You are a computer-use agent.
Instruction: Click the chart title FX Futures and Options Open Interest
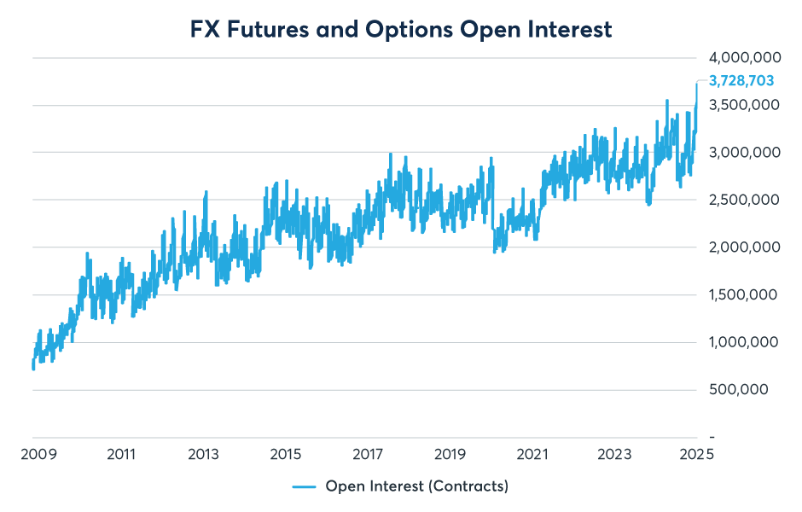coord(401,29)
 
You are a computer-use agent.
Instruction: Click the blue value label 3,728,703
coord(741,81)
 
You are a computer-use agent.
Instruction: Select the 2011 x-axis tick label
coord(122,453)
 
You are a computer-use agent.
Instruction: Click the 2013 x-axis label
coord(204,453)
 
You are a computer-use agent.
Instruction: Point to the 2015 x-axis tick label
coord(286,453)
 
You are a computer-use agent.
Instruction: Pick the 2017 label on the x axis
coord(368,453)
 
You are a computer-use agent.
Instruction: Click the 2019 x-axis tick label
coord(450,453)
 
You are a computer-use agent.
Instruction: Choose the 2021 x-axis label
coord(532,453)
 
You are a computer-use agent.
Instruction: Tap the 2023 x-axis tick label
coord(613,453)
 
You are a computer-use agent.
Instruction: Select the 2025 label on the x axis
coord(695,453)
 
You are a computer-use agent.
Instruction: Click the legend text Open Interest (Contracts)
coord(416,486)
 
